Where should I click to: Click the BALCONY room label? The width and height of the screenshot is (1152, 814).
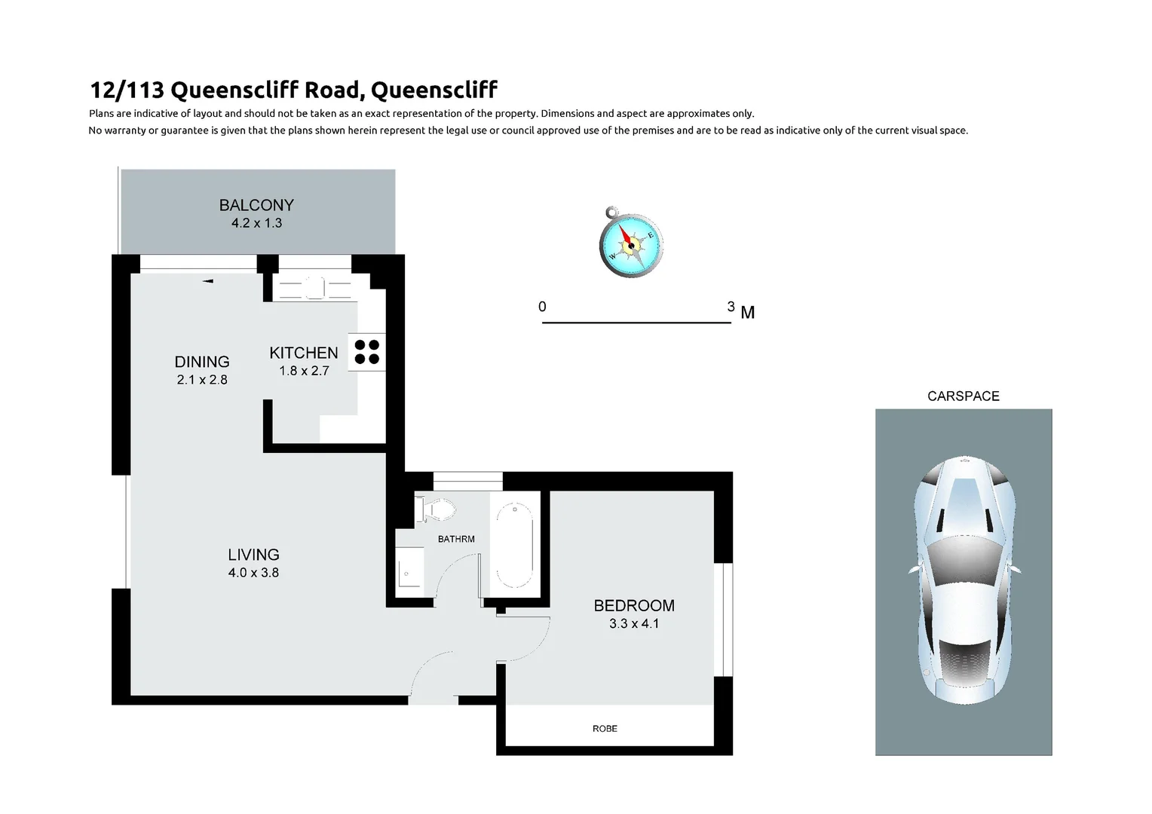256,205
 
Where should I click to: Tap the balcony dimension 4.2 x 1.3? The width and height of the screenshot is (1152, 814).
256,223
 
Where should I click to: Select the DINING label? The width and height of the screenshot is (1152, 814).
202,362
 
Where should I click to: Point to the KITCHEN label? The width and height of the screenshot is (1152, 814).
304,353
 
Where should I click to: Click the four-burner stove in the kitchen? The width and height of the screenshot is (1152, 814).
367,352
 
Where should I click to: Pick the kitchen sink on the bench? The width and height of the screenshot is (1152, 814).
315,288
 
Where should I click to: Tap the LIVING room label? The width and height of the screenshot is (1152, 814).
253,555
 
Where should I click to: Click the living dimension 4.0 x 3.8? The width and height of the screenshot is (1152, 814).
253,573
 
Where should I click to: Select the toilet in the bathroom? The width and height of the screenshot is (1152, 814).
437,510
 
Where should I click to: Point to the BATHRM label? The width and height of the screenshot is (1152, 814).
456,539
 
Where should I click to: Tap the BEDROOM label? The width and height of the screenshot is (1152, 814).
634,605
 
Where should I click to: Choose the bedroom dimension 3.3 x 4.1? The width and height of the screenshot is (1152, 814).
634,624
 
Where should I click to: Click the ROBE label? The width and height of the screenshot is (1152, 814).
605,729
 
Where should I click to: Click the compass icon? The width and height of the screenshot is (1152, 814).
631,243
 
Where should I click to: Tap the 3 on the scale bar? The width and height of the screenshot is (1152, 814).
731,307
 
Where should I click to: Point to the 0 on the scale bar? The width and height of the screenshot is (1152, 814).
542,307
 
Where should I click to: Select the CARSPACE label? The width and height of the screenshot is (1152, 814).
963,396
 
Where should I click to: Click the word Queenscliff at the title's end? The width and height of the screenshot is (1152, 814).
434,90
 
